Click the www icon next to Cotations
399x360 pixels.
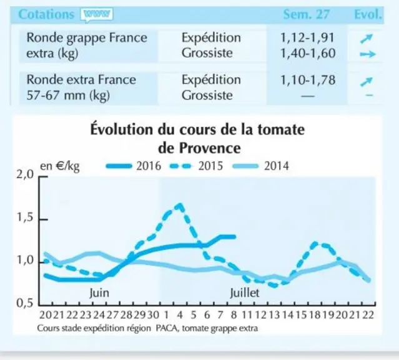coord(96,14)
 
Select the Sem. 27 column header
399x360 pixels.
coord(307,14)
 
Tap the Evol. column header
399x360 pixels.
coord(368,14)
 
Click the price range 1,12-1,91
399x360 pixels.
coord(307,37)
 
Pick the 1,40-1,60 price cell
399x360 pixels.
coord(308,53)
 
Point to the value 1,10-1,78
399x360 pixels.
coord(308,80)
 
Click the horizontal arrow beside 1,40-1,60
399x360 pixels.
coord(368,54)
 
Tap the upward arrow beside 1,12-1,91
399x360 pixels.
coord(367,39)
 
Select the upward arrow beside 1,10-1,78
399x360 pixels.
coord(367,82)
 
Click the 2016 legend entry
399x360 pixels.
coord(134,166)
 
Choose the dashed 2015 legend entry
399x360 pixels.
coord(196,166)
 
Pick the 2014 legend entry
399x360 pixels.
coord(261,166)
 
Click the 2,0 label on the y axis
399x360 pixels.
coord(25,175)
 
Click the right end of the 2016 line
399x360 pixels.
coord(235,237)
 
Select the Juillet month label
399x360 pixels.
coord(245,293)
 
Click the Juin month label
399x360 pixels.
coord(99,293)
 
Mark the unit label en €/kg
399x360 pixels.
coord(60,166)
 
